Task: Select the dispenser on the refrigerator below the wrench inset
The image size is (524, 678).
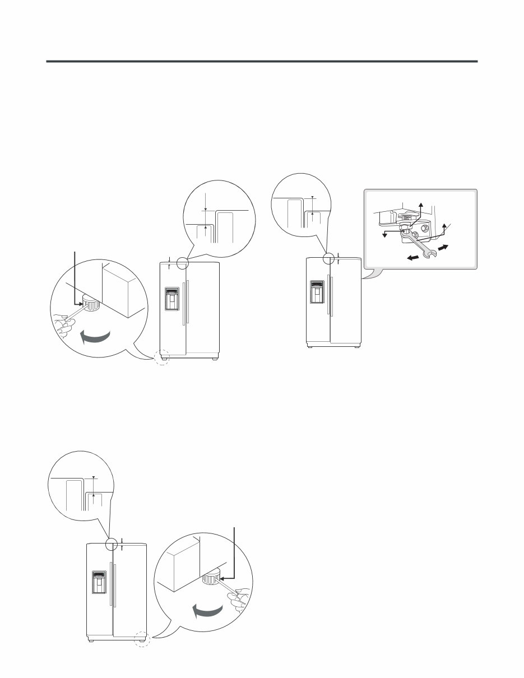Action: (318, 290)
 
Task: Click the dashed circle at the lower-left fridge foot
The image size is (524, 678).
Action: (161, 357)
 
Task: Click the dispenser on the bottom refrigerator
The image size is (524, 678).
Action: (99, 583)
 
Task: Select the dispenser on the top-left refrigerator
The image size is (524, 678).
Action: (172, 299)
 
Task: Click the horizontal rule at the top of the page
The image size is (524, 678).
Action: (262, 61)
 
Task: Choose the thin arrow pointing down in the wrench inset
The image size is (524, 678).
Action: (384, 234)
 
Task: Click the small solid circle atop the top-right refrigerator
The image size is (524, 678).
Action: (329, 258)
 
